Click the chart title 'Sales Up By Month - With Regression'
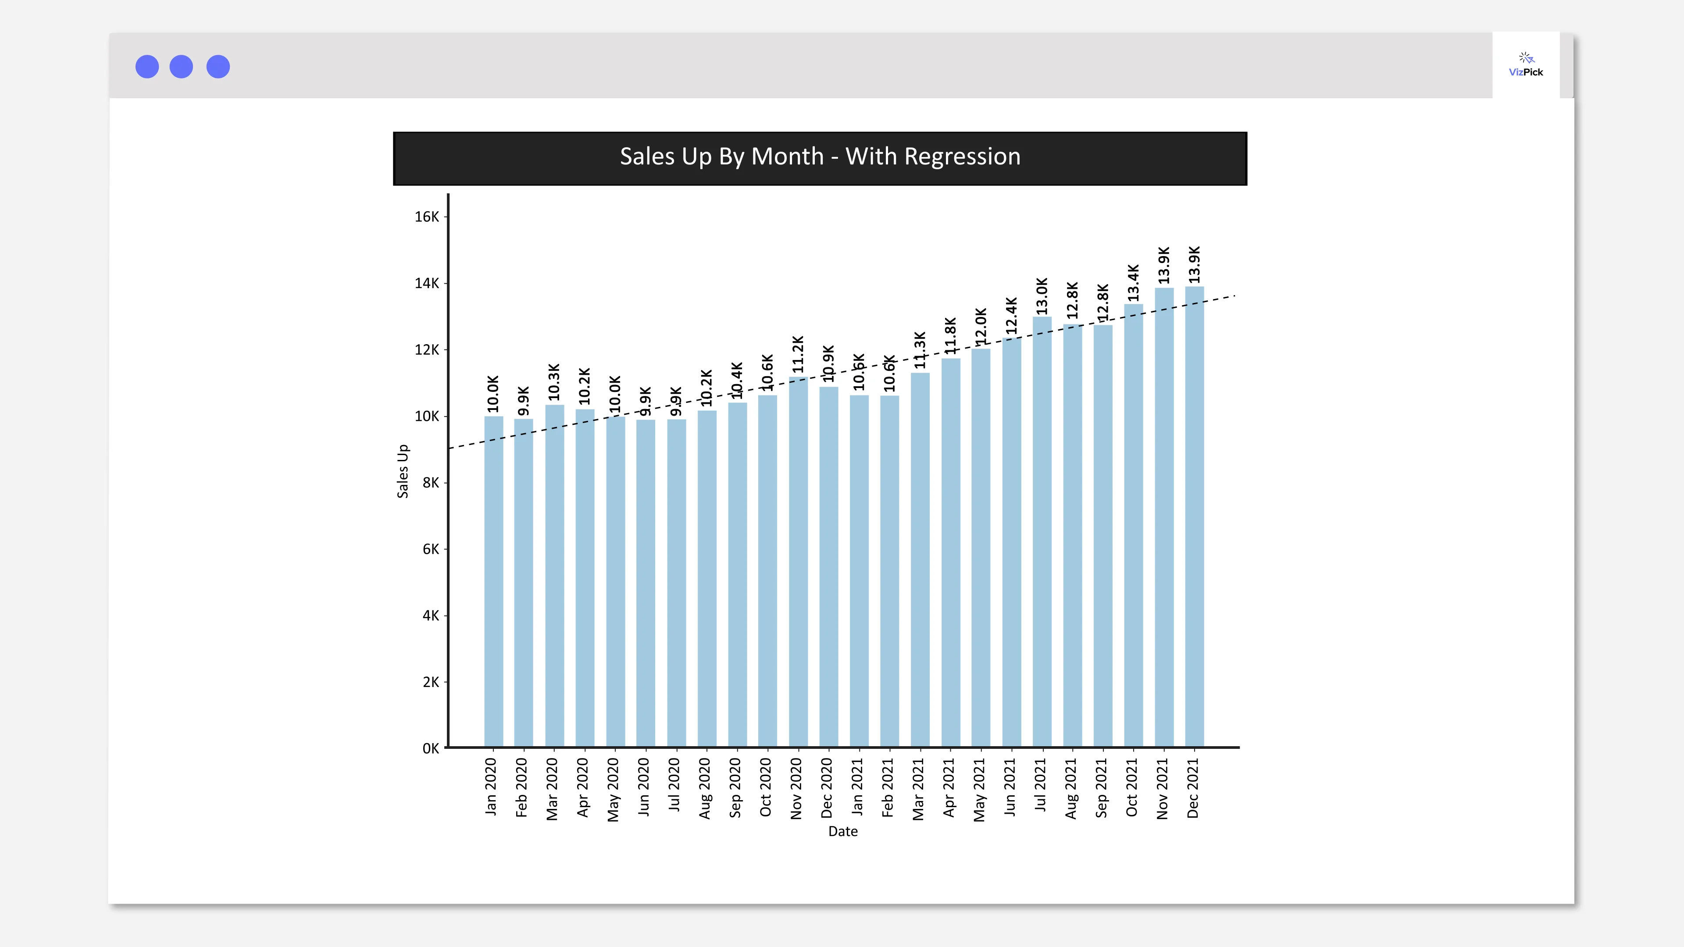click(x=820, y=157)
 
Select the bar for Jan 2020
click(x=493, y=582)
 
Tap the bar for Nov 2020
click(x=798, y=562)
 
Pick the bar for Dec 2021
click(x=1194, y=516)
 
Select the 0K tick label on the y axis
click(x=431, y=748)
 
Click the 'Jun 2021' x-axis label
click(x=1010, y=787)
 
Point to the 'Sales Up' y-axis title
click(x=403, y=470)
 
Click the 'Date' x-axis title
click(x=842, y=831)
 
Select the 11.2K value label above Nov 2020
click(x=798, y=354)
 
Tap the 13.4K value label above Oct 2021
click(x=1134, y=282)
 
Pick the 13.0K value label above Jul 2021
click(x=1042, y=295)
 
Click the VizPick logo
click(x=1526, y=65)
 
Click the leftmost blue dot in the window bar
click(x=147, y=67)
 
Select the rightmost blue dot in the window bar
click(x=218, y=67)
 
